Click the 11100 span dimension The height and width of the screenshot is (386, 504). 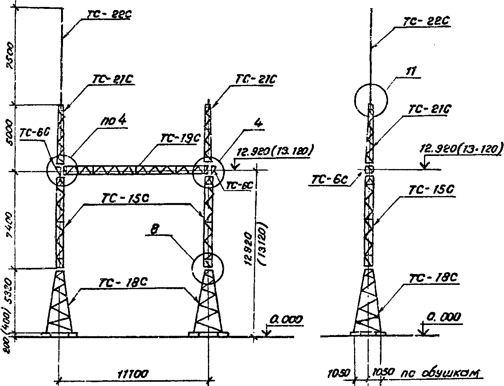point(133,374)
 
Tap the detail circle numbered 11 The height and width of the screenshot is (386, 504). point(371,100)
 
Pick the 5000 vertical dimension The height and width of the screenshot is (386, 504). point(9,137)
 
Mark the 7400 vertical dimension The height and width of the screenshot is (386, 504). point(9,220)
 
